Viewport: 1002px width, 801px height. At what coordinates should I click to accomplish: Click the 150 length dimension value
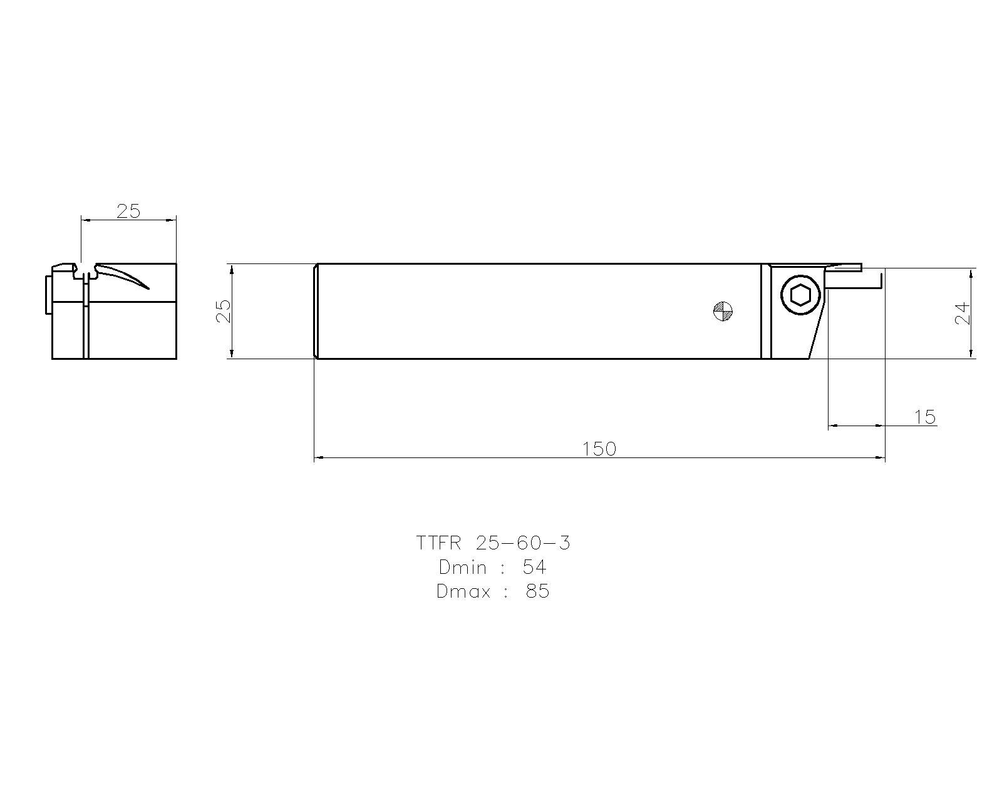click(x=599, y=449)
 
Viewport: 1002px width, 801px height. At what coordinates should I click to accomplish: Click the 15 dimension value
click(x=924, y=416)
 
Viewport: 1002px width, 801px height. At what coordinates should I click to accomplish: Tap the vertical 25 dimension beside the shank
click(x=224, y=311)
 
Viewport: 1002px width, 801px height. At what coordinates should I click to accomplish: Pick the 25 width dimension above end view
click(x=128, y=211)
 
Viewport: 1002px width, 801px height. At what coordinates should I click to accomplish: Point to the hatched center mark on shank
click(x=723, y=311)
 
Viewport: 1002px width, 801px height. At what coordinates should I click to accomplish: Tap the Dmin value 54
click(x=534, y=567)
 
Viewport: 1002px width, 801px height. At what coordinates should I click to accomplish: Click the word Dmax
click(x=463, y=591)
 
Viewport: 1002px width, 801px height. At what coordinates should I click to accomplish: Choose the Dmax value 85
click(x=537, y=591)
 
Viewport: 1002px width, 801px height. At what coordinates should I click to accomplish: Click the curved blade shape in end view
click(x=125, y=275)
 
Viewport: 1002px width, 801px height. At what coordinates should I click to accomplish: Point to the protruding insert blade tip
click(x=845, y=267)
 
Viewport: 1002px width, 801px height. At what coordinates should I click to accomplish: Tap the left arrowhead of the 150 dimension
click(x=318, y=458)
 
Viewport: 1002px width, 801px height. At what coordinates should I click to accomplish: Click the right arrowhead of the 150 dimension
click(x=881, y=458)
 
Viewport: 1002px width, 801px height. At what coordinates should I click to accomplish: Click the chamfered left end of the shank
click(x=315, y=311)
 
